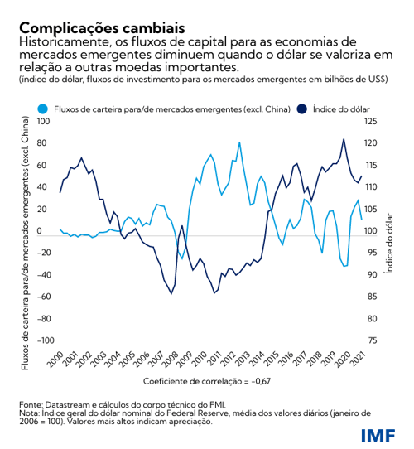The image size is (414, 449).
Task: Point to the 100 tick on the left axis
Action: pos(45,122)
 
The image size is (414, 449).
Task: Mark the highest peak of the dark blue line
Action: pos(344,139)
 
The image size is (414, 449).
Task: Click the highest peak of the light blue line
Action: pos(240,142)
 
